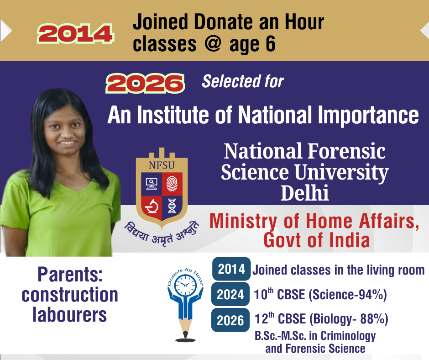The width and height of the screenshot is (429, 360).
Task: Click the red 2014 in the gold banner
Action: [75, 34]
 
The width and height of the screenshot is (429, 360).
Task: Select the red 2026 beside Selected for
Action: [145, 83]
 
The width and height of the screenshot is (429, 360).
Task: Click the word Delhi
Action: [304, 193]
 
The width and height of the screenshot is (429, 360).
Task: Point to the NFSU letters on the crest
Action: [162, 165]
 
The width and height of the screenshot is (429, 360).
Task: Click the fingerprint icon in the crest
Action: [172, 184]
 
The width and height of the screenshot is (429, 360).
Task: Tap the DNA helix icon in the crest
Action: [172, 206]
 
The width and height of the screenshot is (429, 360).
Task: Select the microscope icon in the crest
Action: [152, 206]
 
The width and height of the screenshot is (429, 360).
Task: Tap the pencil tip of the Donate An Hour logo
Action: [185, 334]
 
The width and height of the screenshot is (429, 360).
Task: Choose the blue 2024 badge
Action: [230, 295]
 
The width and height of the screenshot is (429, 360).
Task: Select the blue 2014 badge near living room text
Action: [231, 269]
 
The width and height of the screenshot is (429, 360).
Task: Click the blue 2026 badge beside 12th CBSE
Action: [230, 320]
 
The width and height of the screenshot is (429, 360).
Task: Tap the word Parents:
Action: [70, 274]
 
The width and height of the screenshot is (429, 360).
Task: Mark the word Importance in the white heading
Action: [368, 115]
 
